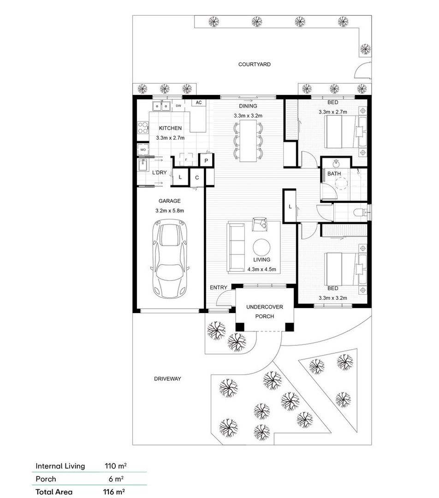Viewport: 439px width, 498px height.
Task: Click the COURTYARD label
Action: (254, 65)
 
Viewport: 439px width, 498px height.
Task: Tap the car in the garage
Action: (171, 258)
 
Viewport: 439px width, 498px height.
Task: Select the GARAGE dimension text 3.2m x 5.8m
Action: (169, 211)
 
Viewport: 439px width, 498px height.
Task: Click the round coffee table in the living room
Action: (262, 246)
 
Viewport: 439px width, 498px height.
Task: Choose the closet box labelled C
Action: (196, 178)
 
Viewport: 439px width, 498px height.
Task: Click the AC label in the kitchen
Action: (199, 102)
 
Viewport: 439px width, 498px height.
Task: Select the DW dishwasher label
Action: (178, 106)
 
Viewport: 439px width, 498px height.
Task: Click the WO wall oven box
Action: (143, 150)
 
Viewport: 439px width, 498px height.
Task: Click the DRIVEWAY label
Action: (167, 379)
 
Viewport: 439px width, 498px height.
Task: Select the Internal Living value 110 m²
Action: (115, 466)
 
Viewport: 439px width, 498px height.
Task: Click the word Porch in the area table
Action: (46, 479)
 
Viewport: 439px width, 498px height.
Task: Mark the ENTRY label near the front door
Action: (218, 288)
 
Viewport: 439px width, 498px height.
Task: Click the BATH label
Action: (334, 174)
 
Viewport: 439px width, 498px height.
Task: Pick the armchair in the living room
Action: (259, 224)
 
